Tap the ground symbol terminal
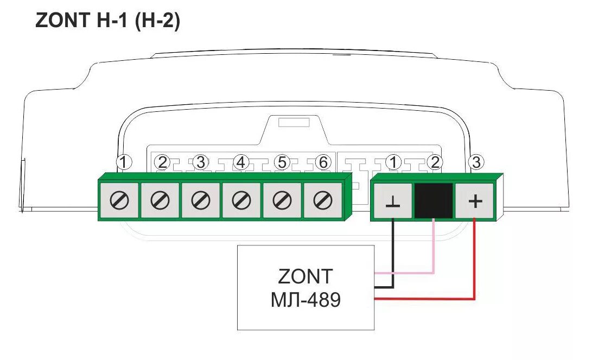point(392,201)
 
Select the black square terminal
point(434,200)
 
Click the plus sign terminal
point(475,201)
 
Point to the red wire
point(474,261)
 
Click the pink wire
point(433,250)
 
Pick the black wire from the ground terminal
point(392,255)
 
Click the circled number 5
point(281,162)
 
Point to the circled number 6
point(322,162)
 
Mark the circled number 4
point(240,162)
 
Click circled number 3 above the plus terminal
point(476,162)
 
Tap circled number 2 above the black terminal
point(434,162)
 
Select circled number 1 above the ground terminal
point(393,162)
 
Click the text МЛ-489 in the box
point(305,299)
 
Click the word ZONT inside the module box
point(305,277)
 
